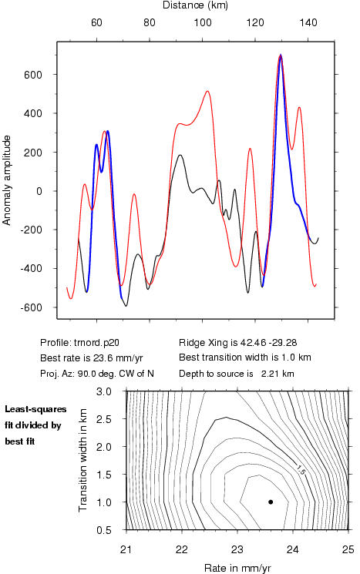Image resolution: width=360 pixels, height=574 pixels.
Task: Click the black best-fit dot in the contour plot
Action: pos(271,502)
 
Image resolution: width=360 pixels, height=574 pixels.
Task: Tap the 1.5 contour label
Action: pos(301,470)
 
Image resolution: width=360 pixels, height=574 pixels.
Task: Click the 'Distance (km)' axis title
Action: pos(195,5)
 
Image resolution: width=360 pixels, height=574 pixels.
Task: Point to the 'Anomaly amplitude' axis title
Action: pos(7,180)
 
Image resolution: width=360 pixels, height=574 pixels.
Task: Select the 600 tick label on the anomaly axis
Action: pos(33,75)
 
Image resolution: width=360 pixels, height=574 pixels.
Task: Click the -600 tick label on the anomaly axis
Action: pos(31,308)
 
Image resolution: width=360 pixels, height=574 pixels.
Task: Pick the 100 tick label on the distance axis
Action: pos(203,22)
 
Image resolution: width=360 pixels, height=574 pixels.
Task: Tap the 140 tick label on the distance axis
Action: pos(308,22)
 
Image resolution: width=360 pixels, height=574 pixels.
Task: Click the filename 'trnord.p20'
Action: pos(96,343)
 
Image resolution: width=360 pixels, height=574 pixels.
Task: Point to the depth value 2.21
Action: pos(269,374)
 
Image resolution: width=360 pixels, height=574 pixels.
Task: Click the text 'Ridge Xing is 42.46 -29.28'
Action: pos(237,343)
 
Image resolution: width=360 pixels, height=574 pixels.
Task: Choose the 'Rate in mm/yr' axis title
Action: pos(237,568)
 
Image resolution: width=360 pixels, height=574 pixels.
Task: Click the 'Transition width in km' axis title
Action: pos(82,460)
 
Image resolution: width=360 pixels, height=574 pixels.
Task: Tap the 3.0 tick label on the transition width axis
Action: pos(103,391)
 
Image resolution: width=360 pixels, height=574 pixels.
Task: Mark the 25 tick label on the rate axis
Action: pos(348,549)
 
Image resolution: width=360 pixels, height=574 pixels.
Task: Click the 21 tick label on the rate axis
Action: pos(126,549)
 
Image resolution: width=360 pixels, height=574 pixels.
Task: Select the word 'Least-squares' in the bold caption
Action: pos(35,409)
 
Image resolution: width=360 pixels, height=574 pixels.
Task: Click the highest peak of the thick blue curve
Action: pos(281,55)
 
